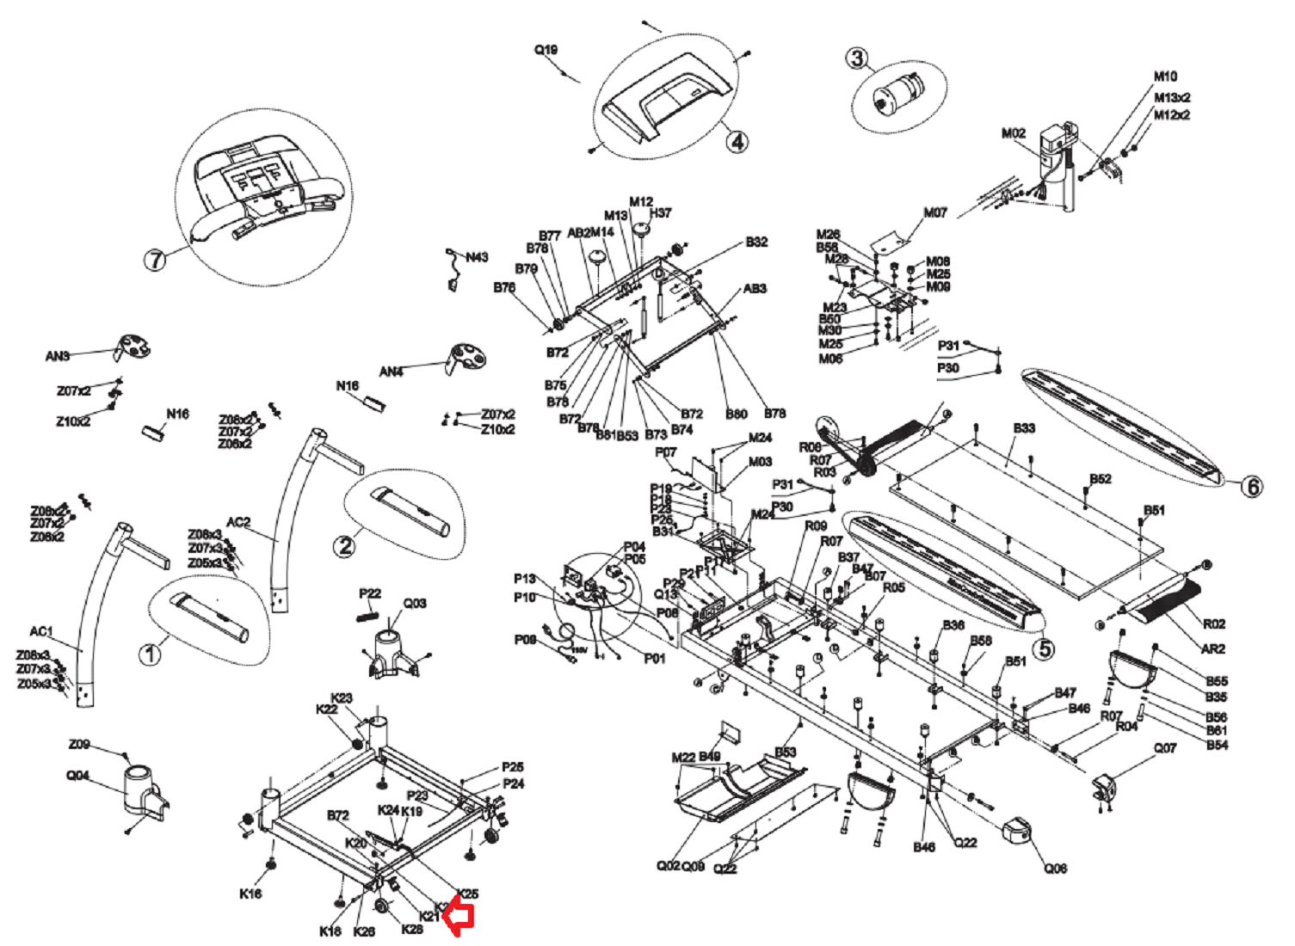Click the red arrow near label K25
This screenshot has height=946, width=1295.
(461, 918)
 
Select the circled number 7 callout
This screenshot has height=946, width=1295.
(155, 259)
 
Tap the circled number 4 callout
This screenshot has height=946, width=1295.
(737, 141)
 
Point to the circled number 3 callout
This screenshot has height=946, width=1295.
(856, 58)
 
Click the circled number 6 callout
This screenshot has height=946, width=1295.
(1252, 487)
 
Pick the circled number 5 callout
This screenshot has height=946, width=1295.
(1044, 648)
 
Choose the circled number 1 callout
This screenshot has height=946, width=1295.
(150, 654)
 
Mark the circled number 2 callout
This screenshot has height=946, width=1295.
(345, 545)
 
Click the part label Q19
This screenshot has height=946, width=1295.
(546, 50)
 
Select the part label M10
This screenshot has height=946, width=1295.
(1165, 77)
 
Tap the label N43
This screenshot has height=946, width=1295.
(477, 257)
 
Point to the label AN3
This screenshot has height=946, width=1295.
(58, 356)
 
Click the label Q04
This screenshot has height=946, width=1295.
(77, 776)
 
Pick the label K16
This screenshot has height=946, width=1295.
(250, 894)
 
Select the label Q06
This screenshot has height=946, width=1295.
(1056, 869)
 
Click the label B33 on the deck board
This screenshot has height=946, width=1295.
(1024, 428)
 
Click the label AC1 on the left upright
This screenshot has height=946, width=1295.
(41, 631)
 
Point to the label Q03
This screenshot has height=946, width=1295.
(415, 604)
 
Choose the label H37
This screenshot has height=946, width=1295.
(661, 213)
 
